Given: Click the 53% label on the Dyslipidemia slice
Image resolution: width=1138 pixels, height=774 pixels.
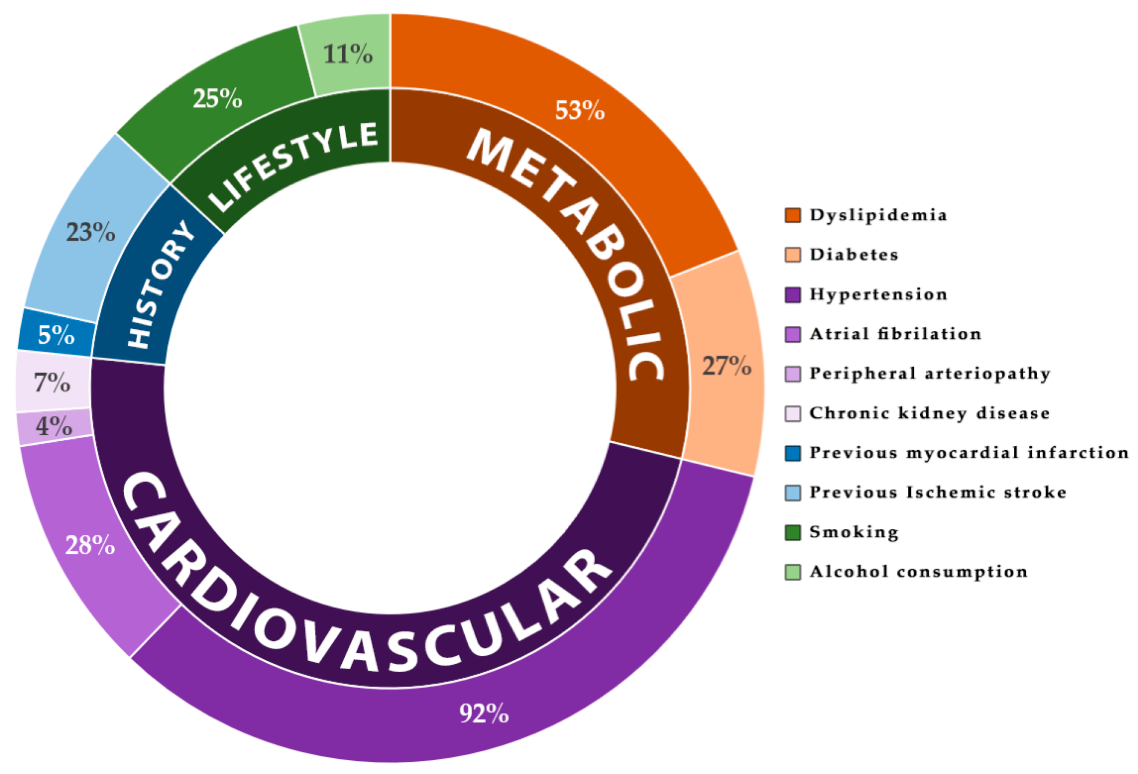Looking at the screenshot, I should point(579,110).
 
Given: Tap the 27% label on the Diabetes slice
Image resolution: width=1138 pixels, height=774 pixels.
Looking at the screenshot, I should point(727,366).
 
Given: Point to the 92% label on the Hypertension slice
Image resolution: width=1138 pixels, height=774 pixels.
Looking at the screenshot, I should point(484,713).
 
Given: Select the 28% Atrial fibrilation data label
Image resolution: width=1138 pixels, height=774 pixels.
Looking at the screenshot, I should point(90,545).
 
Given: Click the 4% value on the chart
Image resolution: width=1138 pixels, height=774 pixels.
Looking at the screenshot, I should point(54,426).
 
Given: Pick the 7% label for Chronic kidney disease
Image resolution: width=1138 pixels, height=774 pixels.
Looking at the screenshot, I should point(52,382).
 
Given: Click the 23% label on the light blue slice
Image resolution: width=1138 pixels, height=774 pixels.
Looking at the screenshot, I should point(91,232).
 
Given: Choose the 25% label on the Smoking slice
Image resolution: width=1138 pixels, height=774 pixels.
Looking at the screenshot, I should point(217,98).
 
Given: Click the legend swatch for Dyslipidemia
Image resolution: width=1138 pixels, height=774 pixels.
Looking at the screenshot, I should point(793,215).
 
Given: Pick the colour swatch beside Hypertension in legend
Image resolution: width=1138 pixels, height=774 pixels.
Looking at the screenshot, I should point(793,295).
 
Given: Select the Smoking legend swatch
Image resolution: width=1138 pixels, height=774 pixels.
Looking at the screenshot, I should point(793,533).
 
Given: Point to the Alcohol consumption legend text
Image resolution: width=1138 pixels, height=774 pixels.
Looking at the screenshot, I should point(918,572).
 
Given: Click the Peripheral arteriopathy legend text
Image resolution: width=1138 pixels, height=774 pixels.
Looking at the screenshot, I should point(930,374).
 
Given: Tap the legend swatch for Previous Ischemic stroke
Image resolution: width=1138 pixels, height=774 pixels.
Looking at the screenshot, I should point(793,493).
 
